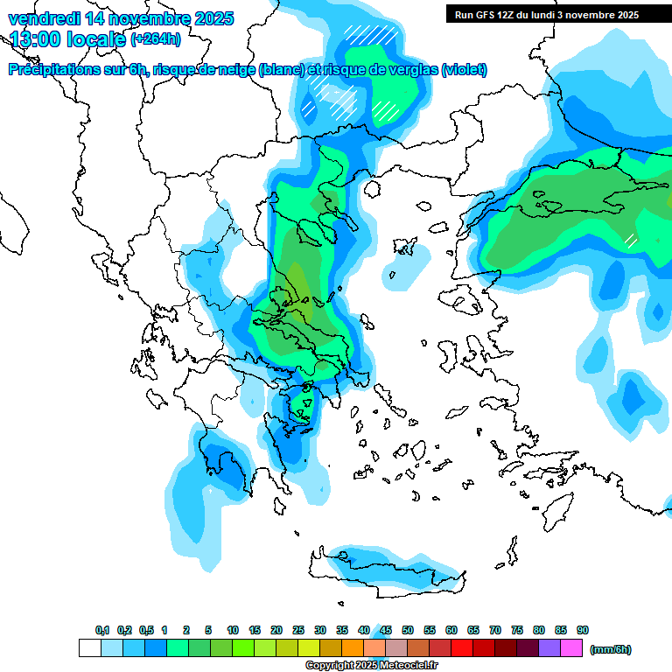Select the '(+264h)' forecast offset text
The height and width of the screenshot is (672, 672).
click(157, 39)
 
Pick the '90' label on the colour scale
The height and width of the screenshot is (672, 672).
click(583, 630)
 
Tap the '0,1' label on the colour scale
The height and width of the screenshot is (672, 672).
click(102, 630)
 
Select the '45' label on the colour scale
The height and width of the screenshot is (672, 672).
click(386, 630)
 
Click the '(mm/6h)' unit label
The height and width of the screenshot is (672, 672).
click(611, 649)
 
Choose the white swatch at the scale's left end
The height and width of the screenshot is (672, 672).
click(89, 648)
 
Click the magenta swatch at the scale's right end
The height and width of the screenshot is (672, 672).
click(571, 648)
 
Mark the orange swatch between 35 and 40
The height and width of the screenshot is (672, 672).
click(353, 648)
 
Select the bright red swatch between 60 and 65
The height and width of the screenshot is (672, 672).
click(462, 648)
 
